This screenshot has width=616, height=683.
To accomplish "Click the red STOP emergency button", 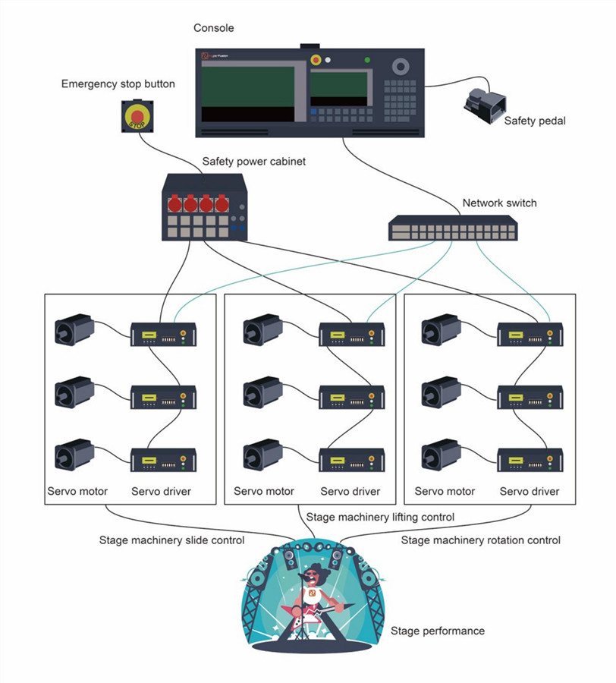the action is point(137,116).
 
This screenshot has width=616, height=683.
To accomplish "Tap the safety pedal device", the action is point(485,105).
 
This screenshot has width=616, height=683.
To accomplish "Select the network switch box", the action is point(453,228).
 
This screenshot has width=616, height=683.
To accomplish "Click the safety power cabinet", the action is point(204,207).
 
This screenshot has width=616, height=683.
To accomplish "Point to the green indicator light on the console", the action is point(367,60).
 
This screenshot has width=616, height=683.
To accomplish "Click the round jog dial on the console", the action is point(401,67).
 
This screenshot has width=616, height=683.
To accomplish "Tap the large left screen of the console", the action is point(248,93).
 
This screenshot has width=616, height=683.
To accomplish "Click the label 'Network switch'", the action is point(499,203).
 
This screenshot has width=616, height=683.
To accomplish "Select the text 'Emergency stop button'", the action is point(118,84).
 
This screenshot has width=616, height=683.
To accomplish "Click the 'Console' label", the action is point(214,28).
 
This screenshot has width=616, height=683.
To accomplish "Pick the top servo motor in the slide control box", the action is point(74,329).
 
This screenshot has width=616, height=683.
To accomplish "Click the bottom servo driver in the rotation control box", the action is point(530,460).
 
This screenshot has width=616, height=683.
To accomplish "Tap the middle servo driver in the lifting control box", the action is point(352,397).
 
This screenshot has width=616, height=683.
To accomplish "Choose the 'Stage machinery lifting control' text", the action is point(380,517).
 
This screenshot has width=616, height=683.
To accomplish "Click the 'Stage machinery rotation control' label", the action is point(481,540).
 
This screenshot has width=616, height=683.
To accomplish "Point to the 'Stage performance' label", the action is point(438,631).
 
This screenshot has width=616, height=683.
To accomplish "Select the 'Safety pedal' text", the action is point(535,121).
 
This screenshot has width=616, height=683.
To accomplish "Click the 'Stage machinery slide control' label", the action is point(171,540).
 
